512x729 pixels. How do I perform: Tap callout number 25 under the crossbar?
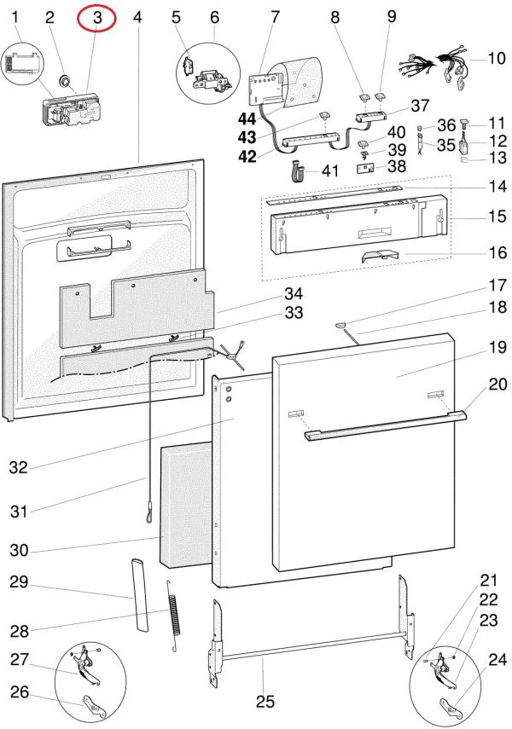[x=265, y=702]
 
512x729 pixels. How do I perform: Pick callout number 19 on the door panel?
[x=497, y=347]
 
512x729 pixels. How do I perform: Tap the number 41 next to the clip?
[x=329, y=171]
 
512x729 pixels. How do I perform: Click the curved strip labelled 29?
[x=140, y=592]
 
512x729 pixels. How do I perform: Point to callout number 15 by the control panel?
[x=497, y=217]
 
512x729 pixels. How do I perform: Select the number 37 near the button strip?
[x=420, y=107]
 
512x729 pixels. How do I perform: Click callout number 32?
[x=19, y=467]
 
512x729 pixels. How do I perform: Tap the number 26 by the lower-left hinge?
[x=19, y=691]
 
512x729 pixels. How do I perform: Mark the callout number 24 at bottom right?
[x=497, y=658]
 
